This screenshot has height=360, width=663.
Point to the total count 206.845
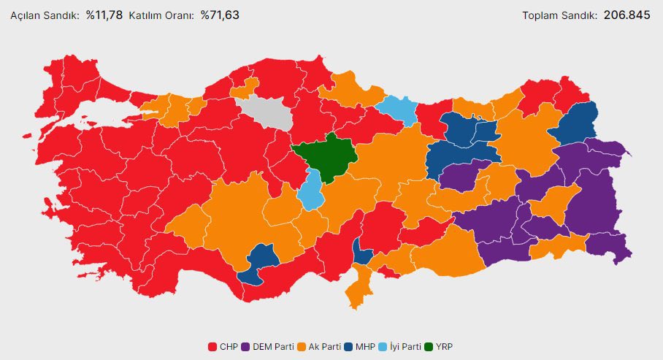coord(626,15)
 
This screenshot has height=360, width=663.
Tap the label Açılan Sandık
coord(45,15)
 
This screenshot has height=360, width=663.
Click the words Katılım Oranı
coord(161,15)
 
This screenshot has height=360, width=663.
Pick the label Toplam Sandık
coord(560,15)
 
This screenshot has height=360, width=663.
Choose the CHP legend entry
coord(223,346)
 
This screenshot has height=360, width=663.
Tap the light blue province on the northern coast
coord(398,110)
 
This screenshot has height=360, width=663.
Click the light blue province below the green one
coord(313,192)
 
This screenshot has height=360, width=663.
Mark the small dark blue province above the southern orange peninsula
coord(361,253)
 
